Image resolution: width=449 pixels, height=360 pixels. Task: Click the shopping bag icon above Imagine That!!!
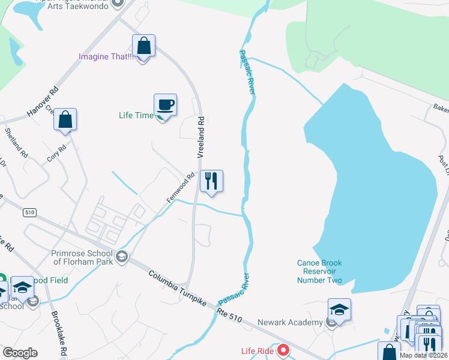pos(144,45)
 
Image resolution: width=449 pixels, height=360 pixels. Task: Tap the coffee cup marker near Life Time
pos(165,105)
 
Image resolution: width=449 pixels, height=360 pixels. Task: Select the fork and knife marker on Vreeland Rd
pos(211,181)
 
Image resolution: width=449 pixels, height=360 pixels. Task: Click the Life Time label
pos(136,115)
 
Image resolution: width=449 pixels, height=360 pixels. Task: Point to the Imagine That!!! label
pos(106,57)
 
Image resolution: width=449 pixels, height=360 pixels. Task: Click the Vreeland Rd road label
pos(202,137)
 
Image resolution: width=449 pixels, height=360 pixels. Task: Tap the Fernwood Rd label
pos(181,187)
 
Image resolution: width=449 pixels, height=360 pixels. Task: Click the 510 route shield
pos(29,212)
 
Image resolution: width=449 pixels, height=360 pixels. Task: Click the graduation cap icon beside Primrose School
pos(122,257)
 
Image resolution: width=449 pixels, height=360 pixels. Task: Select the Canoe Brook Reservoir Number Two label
pos(319,272)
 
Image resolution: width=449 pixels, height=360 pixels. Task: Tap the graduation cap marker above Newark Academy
pos(339,310)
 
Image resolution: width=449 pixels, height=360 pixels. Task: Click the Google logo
pos(20,353)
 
